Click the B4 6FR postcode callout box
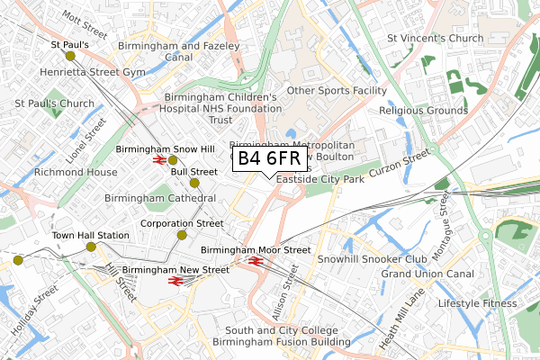[x=269, y=159]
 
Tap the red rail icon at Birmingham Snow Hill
[x=159, y=160]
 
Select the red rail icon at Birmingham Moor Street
[x=256, y=262]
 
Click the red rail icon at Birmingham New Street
[x=175, y=281]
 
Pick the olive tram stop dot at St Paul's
[x=58, y=56]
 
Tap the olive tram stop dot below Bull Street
[x=194, y=183]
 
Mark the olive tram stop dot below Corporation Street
[x=182, y=235]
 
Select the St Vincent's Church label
[x=436, y=39]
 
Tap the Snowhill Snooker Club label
[x=372, y=259]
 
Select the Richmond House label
[x=76, y=171]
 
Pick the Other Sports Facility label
[x=336, y=90]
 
